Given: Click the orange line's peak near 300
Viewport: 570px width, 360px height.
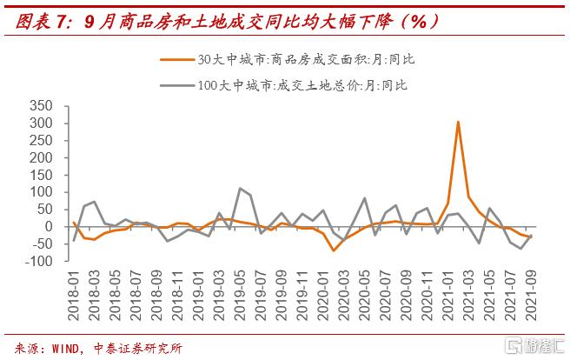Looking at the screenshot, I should (458, 122).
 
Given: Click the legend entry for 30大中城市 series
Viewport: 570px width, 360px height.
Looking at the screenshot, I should (307, 60).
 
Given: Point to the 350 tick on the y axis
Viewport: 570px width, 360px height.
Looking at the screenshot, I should (41, 106).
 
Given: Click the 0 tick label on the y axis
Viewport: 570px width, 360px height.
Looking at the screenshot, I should (49, 227).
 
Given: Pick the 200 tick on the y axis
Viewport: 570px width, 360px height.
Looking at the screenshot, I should (41, 158).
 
